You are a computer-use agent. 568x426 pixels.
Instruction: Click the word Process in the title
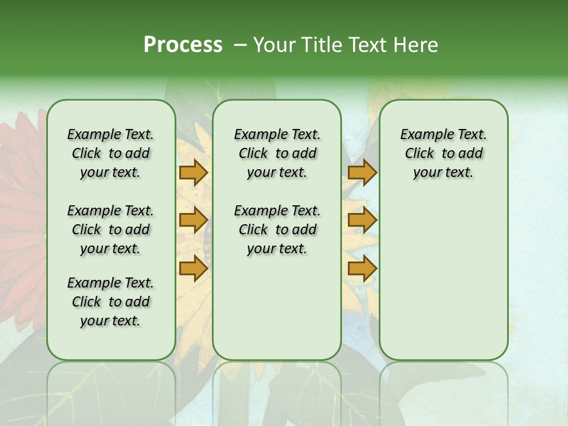(x=183, y=45)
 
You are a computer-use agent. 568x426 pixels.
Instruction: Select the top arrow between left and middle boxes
(x=193, y=173)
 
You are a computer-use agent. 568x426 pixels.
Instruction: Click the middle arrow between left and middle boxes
(x=193, y=221)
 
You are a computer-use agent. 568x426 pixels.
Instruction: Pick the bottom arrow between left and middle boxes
(x=193, y=269)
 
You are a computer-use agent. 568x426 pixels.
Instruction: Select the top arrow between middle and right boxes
(x=362, y=173)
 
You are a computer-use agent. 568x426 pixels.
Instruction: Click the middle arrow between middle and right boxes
(x=362, y=221)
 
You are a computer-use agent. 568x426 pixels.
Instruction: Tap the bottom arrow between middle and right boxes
(x=362, y=269)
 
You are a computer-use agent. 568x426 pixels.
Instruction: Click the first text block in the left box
(x=111, y=153)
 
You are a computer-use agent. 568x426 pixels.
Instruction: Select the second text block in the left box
(x=111, y=230)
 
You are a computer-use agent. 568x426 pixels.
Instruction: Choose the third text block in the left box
(x=111, y=302)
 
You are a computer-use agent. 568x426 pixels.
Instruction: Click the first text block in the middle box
(x=277, y=153)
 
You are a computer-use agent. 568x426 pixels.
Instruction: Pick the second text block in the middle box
(x=277, y=230)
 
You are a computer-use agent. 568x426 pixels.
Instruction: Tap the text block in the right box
(x=443, y=153)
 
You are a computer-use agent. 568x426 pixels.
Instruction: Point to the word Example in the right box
(x=423, y=135)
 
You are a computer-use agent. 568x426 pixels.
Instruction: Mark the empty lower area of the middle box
(x=277, y=308)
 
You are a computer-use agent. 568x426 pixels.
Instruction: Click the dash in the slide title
(x=240, y=45)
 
